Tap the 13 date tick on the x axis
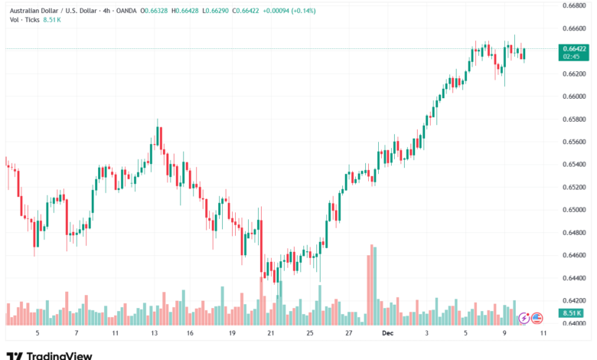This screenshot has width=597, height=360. (x=154, y=334)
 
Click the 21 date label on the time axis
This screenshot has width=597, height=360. (x=270, y=334)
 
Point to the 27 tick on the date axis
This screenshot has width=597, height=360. (x=348, y=334)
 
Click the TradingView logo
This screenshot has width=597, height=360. (x=49, y=355)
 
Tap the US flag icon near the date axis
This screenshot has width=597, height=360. (x=537, y=318)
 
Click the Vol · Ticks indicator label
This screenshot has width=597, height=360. (x=24, y=21)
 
